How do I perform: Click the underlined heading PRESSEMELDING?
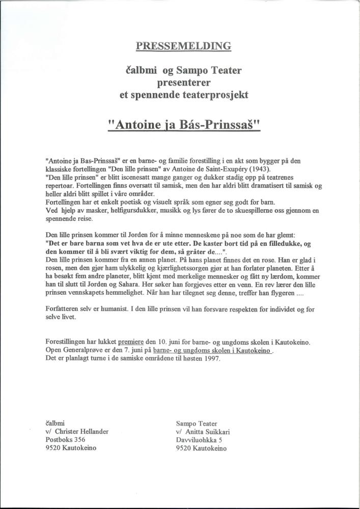coord(184,46)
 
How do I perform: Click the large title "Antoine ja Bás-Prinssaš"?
coord(184,124)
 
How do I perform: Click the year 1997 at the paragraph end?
coord(214,359)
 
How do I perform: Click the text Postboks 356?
coord(64,440)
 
